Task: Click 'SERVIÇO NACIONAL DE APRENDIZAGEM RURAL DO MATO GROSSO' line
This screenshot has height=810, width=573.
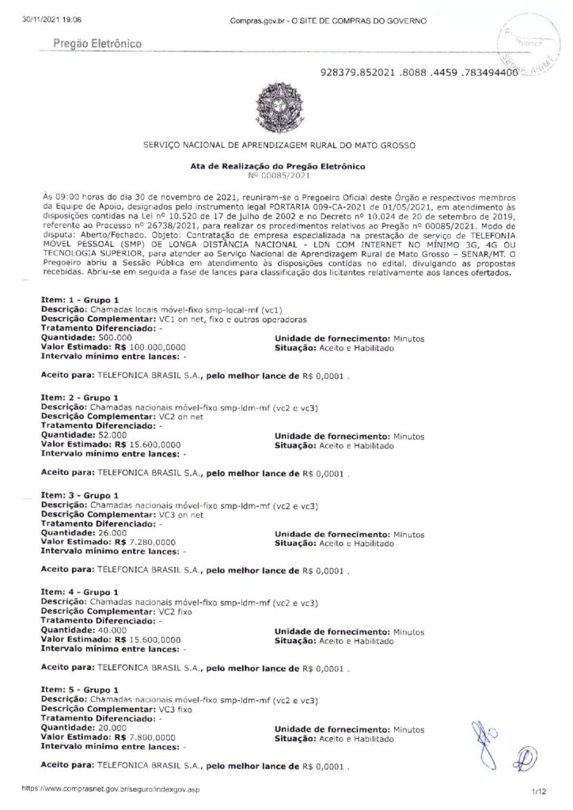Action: click(x=286, y=146)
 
